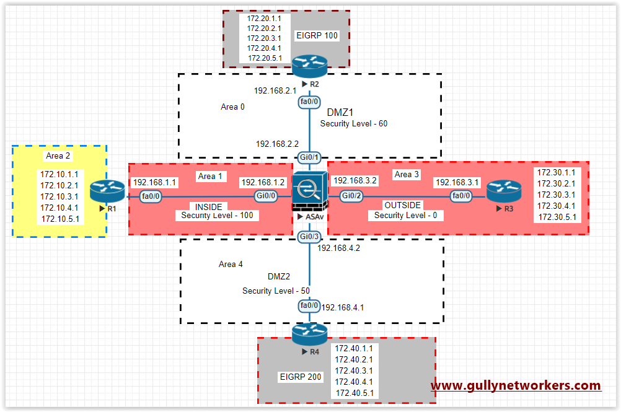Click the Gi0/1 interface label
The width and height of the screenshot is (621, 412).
[309, 157]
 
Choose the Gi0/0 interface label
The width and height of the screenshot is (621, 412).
[266, 196]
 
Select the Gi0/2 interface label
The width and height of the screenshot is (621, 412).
[352, 196]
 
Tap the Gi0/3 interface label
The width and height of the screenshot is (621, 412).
[309, 236]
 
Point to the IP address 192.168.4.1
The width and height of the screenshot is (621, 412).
[343, 307]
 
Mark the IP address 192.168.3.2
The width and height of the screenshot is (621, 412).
[354, 180]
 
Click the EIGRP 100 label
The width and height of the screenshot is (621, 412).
[317, 35]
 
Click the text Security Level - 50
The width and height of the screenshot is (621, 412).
[276, 291]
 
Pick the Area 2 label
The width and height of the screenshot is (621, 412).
[58, 156]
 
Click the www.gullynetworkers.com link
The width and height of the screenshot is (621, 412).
[516, 385]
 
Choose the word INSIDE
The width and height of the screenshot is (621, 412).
[208, 206]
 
